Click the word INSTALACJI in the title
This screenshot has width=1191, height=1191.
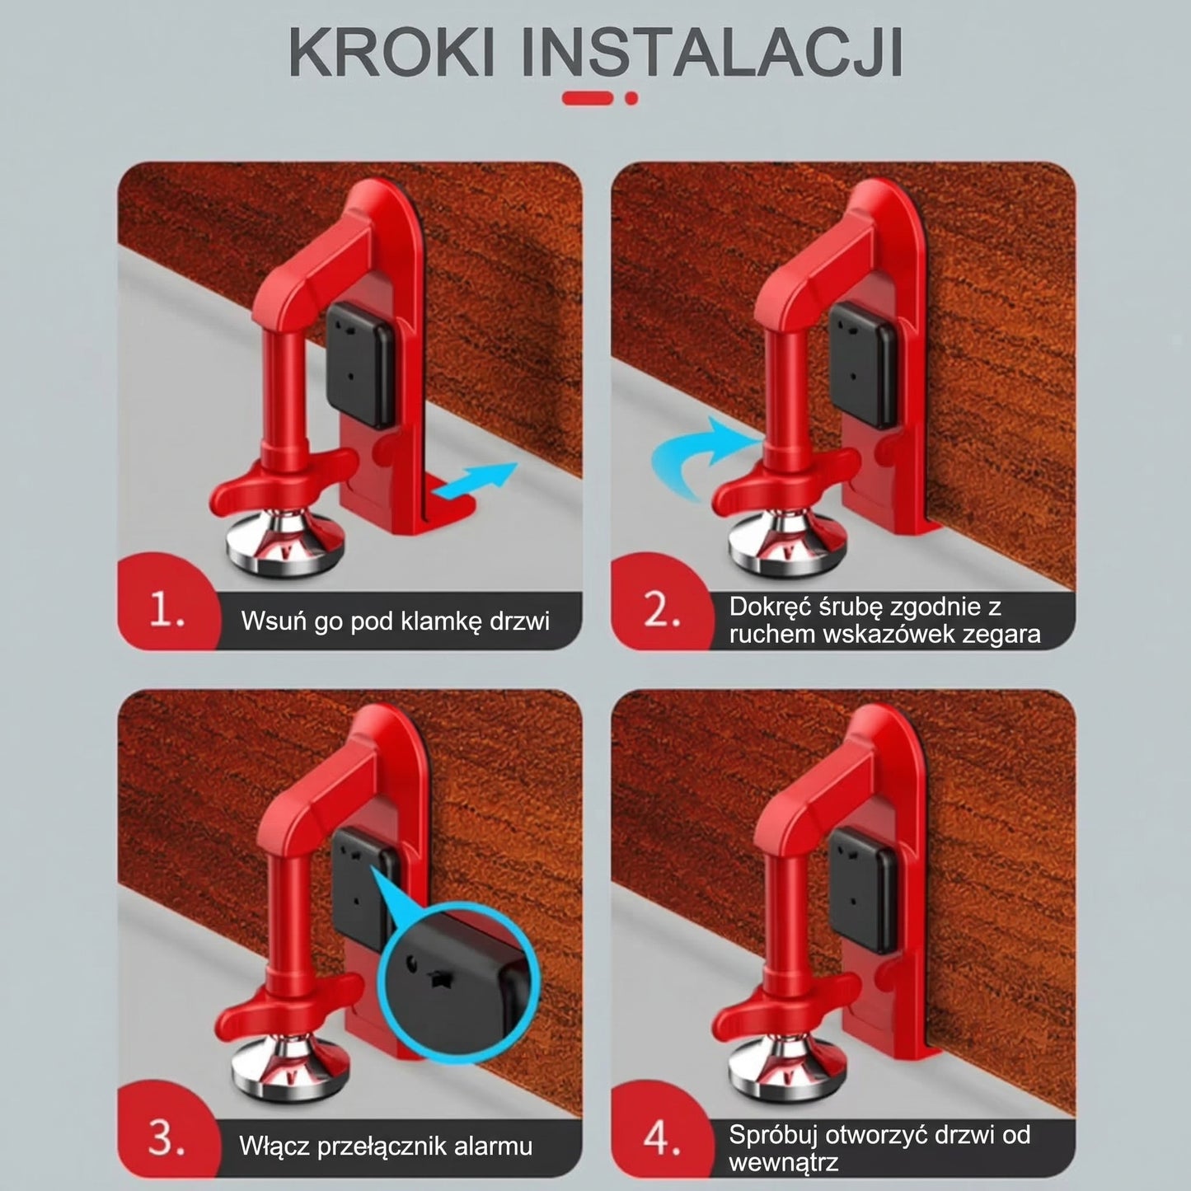pyautogui.click(x=712, y=54)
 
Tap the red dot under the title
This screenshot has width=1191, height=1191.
pyautogui.click(x=631, y=98)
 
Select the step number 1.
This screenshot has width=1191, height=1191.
pyautogui.click(x=166, y=613)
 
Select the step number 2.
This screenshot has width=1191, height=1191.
pyautogui.click(x=662, y=612)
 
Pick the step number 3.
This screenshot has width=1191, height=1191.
pyautogui.click(x=166, y=1141)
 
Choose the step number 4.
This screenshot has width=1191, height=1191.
pyautogui.click(x=662, y=1141)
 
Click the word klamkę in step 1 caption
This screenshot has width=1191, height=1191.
pyautogui.click(x=432, y=621)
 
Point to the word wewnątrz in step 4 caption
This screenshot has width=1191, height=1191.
pyautogui.click(x=783, y=1162)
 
